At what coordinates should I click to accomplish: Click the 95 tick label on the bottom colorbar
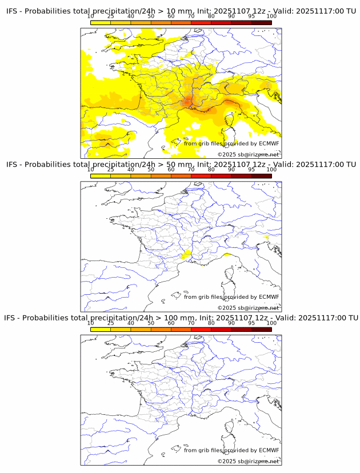(x=251, y=323)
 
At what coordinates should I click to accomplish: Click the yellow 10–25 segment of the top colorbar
(x=101, y=22)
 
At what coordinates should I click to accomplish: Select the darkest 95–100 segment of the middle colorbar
(x=261, y=175)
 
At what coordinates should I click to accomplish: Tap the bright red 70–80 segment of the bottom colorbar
(x=201, y=329)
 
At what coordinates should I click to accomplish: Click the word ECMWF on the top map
(x=269, y=143)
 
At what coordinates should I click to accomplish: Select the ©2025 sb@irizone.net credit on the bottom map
(x=249, y=461)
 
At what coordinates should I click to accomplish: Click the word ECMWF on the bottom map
(x=269, y=450)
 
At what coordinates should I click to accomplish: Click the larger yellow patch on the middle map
(x=185, y=255)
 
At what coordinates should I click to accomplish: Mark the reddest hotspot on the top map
(x=188, y=102)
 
